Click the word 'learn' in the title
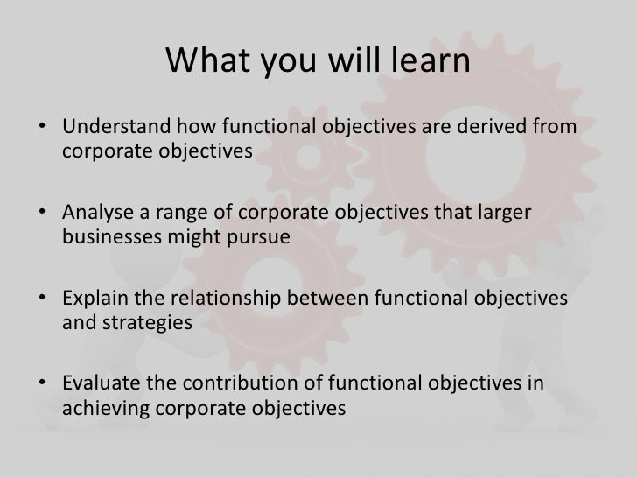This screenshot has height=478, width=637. (430, 61)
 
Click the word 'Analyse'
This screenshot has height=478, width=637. (94, 214)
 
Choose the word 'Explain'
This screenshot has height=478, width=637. (93, 299)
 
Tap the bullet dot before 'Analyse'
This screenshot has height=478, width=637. (43, 215)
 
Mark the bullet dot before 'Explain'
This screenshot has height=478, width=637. (43, 300)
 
